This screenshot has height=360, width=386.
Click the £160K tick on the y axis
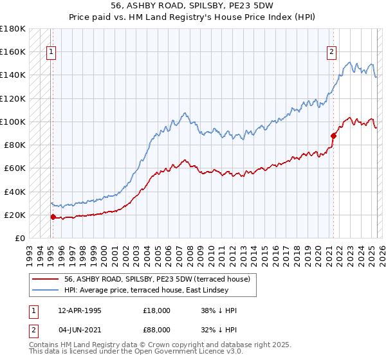[x=13, y=51]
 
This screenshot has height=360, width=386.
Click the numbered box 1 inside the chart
[x=51, y=53]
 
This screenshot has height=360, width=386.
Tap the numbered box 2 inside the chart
[x=332, y=53]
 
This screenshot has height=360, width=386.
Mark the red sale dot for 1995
[x=53, y=217]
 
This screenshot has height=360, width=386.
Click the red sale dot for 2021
[x=333, y=135]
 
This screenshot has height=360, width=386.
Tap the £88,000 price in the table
[x=157, y=332]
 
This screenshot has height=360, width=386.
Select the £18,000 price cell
[x=157, y=310]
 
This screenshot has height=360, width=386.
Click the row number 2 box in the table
[x=33, y=332]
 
